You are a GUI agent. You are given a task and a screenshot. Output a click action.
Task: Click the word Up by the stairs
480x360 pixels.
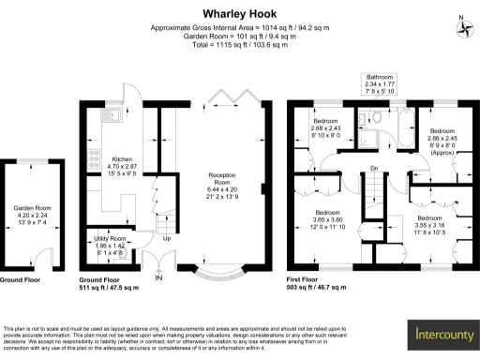click(x=167, y=238)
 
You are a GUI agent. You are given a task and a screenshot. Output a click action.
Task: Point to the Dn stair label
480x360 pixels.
click(x=373, y=169)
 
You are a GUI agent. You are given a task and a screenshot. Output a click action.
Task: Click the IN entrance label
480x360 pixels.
click(x=158, y=277)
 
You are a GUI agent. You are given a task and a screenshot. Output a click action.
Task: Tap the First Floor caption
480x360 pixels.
click(x=307, y=279)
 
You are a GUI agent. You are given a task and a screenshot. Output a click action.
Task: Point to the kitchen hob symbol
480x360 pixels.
click(x=92, y=157)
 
